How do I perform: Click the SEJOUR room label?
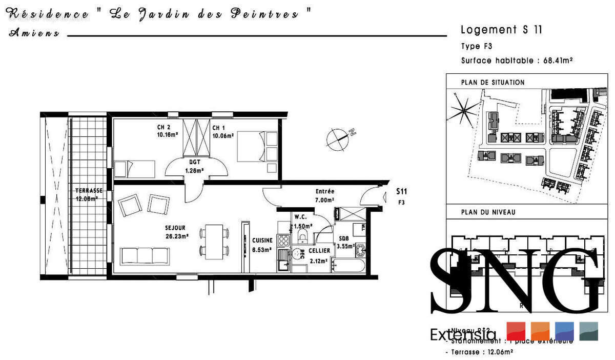175,228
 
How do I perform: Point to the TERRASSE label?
85,191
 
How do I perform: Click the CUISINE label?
262,240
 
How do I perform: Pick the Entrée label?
325,192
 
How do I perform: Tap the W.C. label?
300,217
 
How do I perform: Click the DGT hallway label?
194,163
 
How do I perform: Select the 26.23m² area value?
177,236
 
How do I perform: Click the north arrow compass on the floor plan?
338,137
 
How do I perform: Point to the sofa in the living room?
145,255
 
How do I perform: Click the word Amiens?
34,34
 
